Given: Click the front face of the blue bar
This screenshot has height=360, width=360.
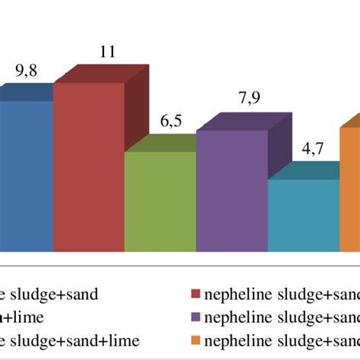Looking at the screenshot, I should pyautogui.click(x=26, y=175).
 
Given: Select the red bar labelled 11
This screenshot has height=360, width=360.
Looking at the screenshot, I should pyautogui.click(x=88, y=167).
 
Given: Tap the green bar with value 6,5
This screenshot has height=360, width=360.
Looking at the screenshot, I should pyautogui.click(x=159, y=201).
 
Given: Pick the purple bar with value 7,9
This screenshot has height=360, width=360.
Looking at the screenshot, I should pyautogui.click(x=231, y=190).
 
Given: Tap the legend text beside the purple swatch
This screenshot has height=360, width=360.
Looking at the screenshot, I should pyautogui.click(x=281, y=317).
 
